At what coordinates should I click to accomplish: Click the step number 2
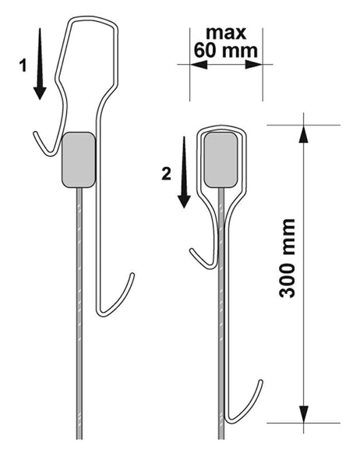[x=165, y=174]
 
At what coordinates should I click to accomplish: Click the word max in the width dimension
[x=225, y=34]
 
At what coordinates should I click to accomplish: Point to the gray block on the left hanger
[x=78, y=159]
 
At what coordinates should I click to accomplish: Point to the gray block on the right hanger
[x=221, y=159]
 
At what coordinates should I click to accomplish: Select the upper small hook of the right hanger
[x=200, y=257]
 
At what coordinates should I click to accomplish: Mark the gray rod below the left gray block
[x=79, y=312]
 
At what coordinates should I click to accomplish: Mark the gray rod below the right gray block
[x=222, y=312]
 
